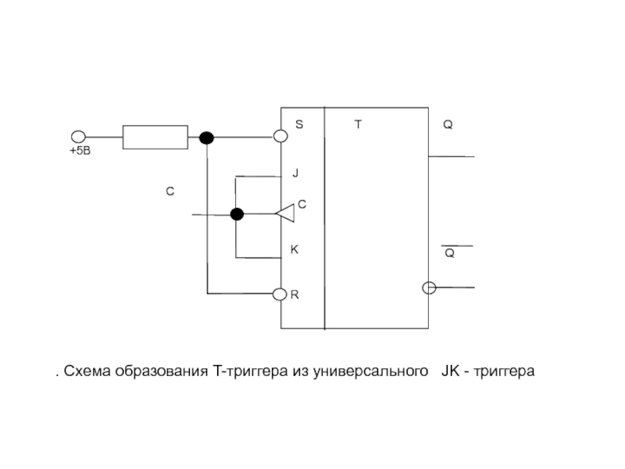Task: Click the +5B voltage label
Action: point(80,151)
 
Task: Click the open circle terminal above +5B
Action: point(77,137)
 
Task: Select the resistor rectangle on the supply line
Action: point(155,137)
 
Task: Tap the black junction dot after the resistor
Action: point(206,138)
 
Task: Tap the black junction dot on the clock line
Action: point(237,214)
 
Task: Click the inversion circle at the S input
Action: point(281,137)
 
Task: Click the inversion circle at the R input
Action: point(281,294)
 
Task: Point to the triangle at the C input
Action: point(285,211)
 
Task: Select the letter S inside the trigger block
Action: point(298,125)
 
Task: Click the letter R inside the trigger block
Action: point(295,296)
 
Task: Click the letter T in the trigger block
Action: point(358,125)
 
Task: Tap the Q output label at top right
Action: point(448,125)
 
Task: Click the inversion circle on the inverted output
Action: point(428,288)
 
